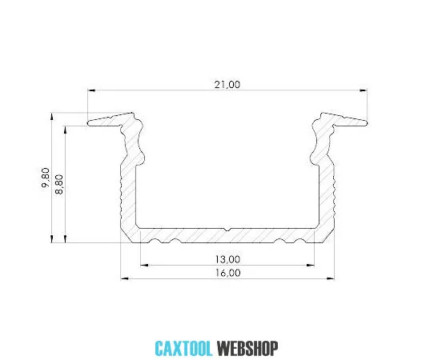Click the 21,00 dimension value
[227, 85]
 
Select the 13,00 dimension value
[227, 259]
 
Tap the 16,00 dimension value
[227, 273]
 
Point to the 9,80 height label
[46, 178]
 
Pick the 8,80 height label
[59, 185]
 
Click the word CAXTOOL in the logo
[183, 348]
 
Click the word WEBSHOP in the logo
[247, 348]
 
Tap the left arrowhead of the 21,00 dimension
[91, 90]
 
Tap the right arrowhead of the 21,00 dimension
[364, 90]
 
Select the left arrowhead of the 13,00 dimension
[144, 265]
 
